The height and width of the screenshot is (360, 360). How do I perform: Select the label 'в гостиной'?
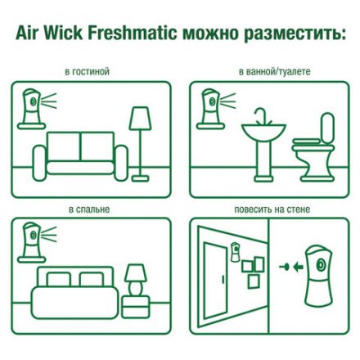click(x=88, y=72)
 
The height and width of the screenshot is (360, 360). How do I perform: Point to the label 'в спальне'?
click(x=89, y=209)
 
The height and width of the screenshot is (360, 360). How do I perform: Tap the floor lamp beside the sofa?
click(x=140, y=139)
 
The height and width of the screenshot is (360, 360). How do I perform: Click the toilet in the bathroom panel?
click(x=315, y=147)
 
